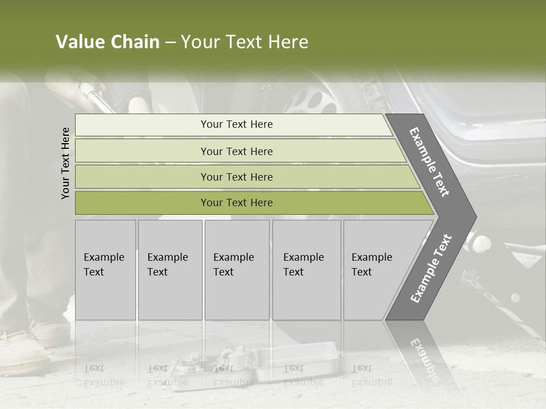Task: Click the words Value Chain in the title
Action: click(x=107, y=42)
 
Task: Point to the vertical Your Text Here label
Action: click(x=65, y=163)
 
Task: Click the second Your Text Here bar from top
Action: click(x=236, y=151)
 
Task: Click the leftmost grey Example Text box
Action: click(x=105, y=270)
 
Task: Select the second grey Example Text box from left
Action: click(x=170, y=270)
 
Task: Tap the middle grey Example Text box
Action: click(x=237, y=270)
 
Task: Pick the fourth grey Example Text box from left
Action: click(x=307, y=270)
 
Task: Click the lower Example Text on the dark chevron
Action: click(x=431, y=269)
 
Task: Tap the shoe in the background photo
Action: click(x=26, y=347)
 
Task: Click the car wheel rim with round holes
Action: click(x=310, y=99)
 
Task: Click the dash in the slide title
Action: click(x=170, y=43)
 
